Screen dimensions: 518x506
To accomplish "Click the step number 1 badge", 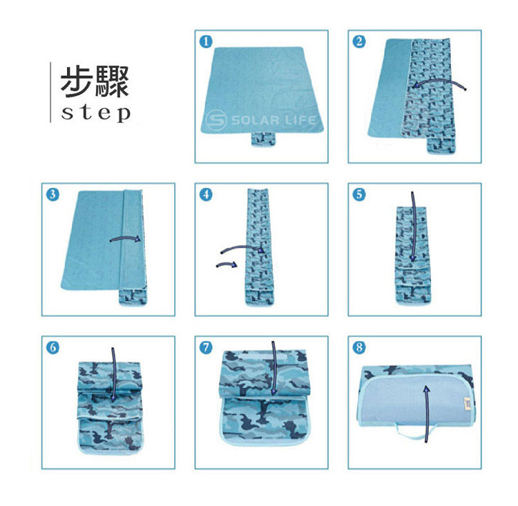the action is [x=206, y=41].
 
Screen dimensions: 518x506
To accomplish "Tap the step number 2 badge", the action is [x=359, y=41].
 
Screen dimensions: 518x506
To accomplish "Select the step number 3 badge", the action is [x=53, y=195].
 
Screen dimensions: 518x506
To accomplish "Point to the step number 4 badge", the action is [x=206, y=195].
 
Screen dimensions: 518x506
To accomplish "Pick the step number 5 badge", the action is [x=359, y=195].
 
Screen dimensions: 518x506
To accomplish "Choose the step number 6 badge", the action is [x=53, y=347].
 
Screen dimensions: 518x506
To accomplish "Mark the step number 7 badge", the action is [x=206, y=347].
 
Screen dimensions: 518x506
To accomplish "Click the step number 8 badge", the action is [x=359, y=347].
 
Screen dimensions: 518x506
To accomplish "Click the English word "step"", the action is [x=96, y=113].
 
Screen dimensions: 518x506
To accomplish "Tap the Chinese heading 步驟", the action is [x=95, y=82].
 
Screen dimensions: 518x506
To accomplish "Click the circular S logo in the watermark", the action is [x=216, y=120].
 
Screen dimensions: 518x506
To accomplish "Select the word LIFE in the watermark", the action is [x=300, y=119].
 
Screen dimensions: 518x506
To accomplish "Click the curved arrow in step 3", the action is [x=126, y=237].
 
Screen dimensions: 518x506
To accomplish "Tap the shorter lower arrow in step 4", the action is [x=227, y=264].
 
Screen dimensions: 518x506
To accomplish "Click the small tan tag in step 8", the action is [x=466, y=405].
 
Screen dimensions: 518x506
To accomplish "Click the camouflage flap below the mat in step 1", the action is [x=263, y=138].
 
